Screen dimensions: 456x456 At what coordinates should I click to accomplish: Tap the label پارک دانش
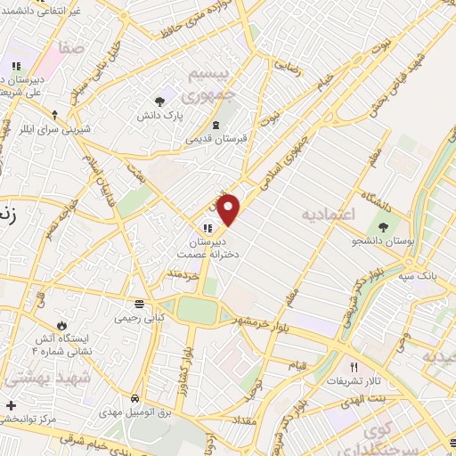coord(159,116)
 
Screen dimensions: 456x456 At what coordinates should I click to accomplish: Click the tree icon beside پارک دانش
coord(159,102)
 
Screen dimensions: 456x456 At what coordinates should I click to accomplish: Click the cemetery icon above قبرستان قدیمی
coord(217,126)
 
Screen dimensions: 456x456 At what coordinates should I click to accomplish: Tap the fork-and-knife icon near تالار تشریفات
coord(354,367)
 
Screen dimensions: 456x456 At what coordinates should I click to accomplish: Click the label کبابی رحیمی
coord(137,316)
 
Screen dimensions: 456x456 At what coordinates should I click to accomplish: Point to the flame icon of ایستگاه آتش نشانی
coord(61,326)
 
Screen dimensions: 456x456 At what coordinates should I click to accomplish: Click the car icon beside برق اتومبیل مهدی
coord(134,397)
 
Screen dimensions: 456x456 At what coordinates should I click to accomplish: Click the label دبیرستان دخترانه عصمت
coord(208,248)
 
